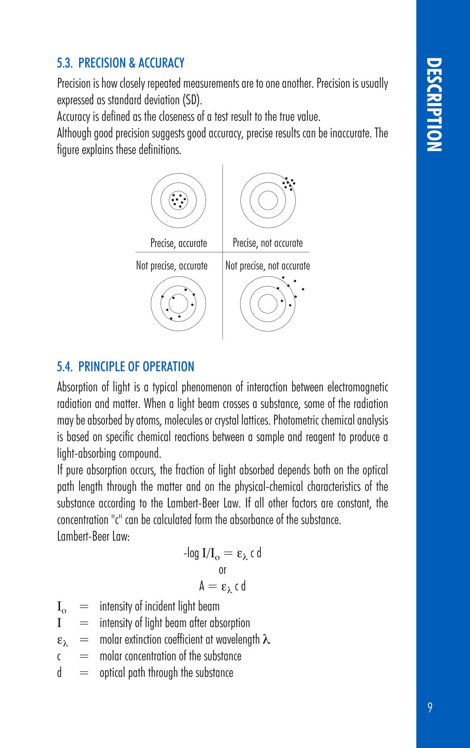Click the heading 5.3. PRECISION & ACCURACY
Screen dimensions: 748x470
coord(121,63)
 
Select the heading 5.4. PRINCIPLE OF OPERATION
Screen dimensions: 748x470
coord(125,366)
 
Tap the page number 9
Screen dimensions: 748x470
coord(430,708)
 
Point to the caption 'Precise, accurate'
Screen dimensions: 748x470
coord(179,243)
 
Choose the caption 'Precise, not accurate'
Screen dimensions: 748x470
coord(268,243)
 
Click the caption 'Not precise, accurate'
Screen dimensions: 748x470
coord(172,266)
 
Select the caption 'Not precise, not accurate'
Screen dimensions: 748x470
coord(268,266)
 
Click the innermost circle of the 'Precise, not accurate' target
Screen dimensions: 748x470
coord(268,200)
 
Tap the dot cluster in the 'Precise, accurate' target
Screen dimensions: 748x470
coord(178,200)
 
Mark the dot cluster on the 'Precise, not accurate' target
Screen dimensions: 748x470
coord(289,184)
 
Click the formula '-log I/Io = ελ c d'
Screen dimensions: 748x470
coord(222,554)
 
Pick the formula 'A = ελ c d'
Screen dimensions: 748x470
coord(222,587)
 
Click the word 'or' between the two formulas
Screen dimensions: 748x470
coord(222,570)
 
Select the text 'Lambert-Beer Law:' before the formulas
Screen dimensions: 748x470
coord(93,536)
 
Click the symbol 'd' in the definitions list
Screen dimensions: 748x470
coord(60,673)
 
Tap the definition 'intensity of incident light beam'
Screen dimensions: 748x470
coord(159,607)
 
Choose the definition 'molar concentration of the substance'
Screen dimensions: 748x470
coord(170,656)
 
